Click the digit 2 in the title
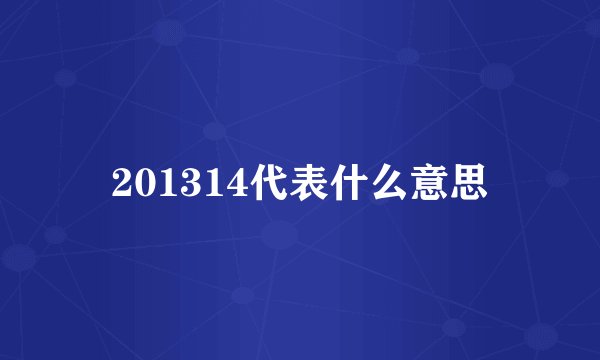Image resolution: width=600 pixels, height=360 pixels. pyautogui.click(x=123, y=183)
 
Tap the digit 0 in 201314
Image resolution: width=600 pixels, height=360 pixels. pyautogui.click(x=145, y=183)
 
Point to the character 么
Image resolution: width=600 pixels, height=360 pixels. pyautogui.click(x=391, y=182)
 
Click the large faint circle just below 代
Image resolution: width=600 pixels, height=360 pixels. pyautogui.click(x=280, y=236)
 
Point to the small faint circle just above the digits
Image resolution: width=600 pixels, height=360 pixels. pyautogui.click(x=214, y=131)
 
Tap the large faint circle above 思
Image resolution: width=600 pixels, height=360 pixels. pyautogui.click(x=497, y=76)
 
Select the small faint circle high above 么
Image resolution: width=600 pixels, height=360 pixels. pyautogui.click(x=407, y=54)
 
